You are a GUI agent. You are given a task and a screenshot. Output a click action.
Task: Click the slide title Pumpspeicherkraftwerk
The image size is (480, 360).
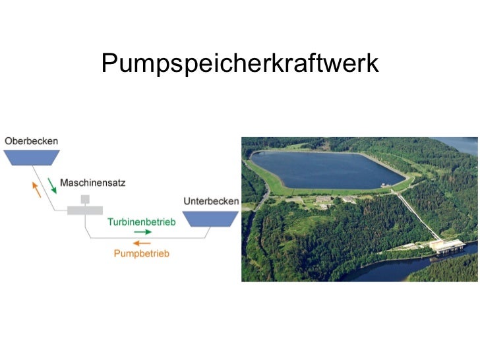click(x=240, y=63)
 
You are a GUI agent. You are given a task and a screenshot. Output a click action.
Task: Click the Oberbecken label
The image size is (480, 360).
click(x=31, y=140)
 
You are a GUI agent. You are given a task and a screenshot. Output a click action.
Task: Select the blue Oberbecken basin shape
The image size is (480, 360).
click(x=31, y=157)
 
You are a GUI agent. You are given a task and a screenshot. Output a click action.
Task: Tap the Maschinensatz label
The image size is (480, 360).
click(x=92, y=183)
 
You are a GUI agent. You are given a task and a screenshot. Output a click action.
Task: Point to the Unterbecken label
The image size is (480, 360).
click(x=210, y=200)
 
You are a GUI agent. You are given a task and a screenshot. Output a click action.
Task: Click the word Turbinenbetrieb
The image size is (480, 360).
click(x=142, y=222)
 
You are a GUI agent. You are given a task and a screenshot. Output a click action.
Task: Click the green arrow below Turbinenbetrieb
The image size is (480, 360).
click(x=142, y=233)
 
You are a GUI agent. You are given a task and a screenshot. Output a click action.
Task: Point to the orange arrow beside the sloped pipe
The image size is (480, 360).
click(x=36, y=190)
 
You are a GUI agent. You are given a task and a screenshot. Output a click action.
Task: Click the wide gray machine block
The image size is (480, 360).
click(x=85, y=210)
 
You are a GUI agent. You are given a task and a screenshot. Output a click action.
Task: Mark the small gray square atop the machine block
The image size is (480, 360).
click(x=85, y=199)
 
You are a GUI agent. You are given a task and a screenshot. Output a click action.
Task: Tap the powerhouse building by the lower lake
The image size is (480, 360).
click(x=446, y=247)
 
